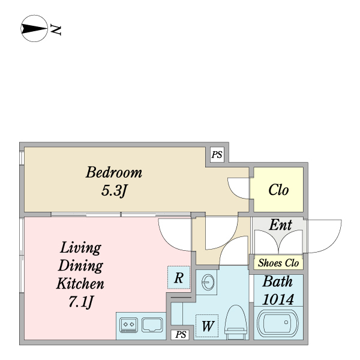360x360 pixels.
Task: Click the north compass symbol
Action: click(x=34, y=29)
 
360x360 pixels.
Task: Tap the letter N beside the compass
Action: click(x=57, y=29)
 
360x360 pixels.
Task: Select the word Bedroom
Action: click(x=114, y=173)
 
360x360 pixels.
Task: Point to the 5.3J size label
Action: click(x=113, y=192)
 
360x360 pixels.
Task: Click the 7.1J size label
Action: click(x=81, y=302)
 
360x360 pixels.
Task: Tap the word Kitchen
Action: click(x=80, y=284)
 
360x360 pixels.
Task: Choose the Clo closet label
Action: click(x=278, y=191)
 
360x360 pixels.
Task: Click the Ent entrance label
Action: click(x=280, y=226)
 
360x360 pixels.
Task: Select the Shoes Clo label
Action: click(x=278, y=263)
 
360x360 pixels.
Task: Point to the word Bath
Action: click(x=278, y=281)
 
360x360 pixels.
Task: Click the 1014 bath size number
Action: click(x=278, y=299)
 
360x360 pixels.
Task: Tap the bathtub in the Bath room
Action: click(x=278, y=325)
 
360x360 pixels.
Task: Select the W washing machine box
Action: click(x=208, y=327)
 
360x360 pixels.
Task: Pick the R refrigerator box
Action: click(x=178, y=278)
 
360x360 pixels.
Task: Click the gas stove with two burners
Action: click(x=128, y=325)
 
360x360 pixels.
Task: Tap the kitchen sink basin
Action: click(x=152, y=325)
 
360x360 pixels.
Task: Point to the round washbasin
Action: click(x=208, y=281)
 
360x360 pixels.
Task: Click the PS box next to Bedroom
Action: click(x=217, y=155)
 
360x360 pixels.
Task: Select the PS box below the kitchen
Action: click(x=181, y=335)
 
